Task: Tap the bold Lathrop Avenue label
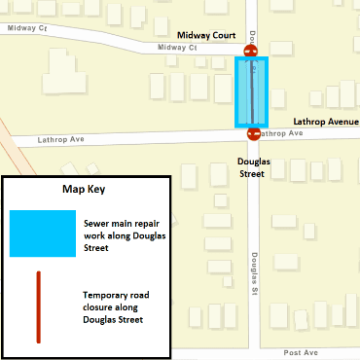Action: pos(326,123)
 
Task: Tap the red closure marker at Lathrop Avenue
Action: pos(254,134)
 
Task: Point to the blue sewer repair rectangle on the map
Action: pos(252,92)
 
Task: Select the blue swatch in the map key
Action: pos(42,234)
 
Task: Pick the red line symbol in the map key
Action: pos(38,306)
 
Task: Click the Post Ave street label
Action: pos(301,353)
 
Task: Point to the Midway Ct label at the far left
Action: pos(27,29)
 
